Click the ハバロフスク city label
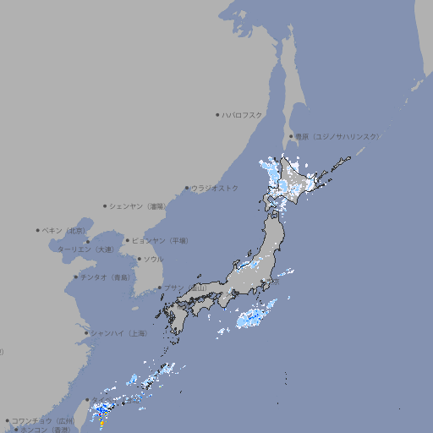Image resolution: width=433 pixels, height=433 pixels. pos(243,114)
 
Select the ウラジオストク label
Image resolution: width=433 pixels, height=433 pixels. pos(216,188)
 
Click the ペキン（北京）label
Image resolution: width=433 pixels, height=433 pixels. pos(64,230)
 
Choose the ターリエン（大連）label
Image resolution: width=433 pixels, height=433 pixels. pos(85,249)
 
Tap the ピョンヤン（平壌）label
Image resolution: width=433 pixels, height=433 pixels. pos(161,241)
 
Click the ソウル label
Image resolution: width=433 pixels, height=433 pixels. pos(153,260)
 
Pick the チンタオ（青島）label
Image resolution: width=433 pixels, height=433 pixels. pos(105,277)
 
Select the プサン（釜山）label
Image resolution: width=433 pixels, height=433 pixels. pos(185,288)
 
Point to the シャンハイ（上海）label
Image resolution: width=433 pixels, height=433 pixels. pos(118,333)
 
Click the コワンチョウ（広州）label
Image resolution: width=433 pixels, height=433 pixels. pos(43,420)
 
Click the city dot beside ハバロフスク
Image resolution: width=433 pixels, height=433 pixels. pos(217,114)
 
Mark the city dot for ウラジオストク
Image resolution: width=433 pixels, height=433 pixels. pos(187,188)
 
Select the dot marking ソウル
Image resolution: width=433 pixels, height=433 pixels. pos(139,260)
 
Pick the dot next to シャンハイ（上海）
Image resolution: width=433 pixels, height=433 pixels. pos(86,333)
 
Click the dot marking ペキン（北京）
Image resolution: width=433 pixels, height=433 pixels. pos(38,230)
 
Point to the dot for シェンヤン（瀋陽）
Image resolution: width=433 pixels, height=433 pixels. pos(105,206)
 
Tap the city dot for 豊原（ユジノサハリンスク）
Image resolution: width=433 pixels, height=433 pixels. pos(291,136)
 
